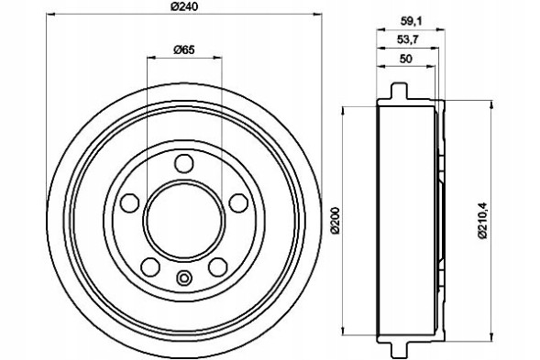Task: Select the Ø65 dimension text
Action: pos(184,50)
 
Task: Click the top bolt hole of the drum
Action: pos(184,164)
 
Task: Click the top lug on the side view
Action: pos(398,92)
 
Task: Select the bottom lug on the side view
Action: pos(398,346)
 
